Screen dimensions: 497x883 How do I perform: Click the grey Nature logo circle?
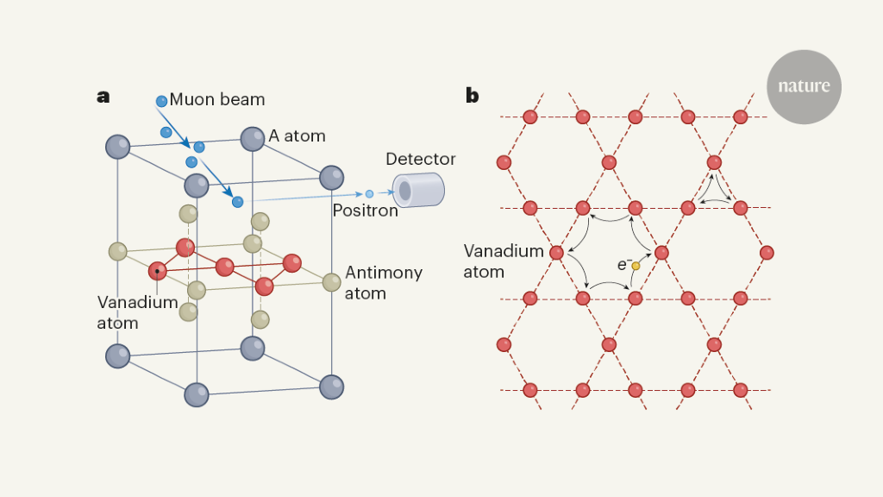point(804,86)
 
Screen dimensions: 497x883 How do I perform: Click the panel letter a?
point(103,97)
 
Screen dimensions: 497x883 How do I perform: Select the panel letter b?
point(472,96)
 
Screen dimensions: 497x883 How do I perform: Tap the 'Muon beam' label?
point(216,99)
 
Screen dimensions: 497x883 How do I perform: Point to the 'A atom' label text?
point(297,135)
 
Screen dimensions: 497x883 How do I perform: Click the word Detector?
point(421,159)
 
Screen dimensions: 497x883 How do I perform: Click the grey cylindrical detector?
point(418,190)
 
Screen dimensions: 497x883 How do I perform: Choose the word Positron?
point(366,211)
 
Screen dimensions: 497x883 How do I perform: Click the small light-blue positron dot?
point(370,194)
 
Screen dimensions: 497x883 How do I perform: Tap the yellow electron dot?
point(636,266)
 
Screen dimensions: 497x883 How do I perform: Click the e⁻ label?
point(623,265)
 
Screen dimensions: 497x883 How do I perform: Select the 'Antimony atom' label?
point(384,283)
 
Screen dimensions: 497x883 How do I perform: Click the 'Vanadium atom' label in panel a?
point(137,312)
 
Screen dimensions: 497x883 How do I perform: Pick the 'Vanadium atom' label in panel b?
point(504,261)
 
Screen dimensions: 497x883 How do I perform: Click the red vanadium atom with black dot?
point(157,271)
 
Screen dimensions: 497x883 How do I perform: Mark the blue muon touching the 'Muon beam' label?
point(161,102)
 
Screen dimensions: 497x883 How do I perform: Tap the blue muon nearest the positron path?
point(237,202)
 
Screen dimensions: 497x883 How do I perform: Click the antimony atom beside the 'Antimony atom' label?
point(331,281)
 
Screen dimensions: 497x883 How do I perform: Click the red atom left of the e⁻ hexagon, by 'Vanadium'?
point(556,253)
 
